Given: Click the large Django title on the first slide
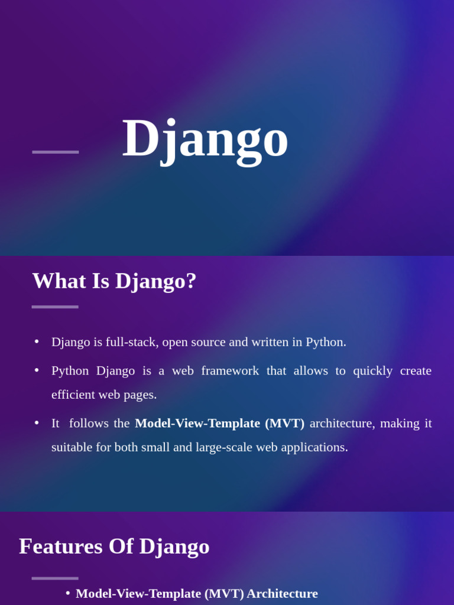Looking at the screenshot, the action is click(x=205, y=141).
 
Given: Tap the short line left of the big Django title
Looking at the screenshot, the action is click(x=56, y=152).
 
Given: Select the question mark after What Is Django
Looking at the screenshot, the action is click(x=192, y=281).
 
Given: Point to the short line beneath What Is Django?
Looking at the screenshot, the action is click(x=55, y=307).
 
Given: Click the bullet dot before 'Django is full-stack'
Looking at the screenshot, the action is click(x=37, y=341).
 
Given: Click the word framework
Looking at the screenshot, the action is click(x=230, y=370).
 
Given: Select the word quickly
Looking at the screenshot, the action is click(x=372, y=371).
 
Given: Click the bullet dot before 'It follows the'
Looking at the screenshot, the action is click(x=37, y=423).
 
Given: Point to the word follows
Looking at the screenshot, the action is click(x=89, y=423).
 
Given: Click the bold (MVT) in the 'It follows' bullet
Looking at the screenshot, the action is click(x=285, y=423).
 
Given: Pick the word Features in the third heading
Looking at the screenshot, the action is click(x=61, y=547).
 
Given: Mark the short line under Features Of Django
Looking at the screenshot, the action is click(x=55, y=578).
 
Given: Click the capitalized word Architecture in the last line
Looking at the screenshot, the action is click(x=282, y=593).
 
